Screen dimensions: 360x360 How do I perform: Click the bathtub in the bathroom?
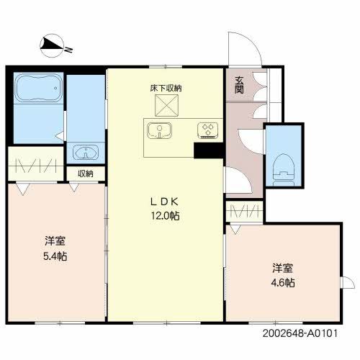(x=38, y=88)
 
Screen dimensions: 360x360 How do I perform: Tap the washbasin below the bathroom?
(x=86, y=151)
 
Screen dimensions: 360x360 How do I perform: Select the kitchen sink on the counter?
(x=160, y=131)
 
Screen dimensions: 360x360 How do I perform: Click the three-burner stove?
(x=208, y=130)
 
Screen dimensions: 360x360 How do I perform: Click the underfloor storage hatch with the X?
(x=166, y=105)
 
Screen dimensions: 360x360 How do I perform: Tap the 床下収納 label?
(x=166, y=89)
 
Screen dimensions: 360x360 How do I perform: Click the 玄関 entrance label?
(x=239, y=85)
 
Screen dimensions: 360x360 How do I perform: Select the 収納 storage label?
(x=86, y=174)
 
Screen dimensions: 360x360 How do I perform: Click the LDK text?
(x=165, y=202)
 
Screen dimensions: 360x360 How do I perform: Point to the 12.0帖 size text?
(x=165, y=216)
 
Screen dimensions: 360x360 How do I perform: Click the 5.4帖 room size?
(x=55, y=256)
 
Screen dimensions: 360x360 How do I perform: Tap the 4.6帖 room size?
(x=283, y=283)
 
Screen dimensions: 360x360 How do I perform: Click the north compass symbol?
(x=52, y=46)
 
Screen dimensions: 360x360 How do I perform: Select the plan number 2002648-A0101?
(x=300, y=333)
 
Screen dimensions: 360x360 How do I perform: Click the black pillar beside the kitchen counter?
(x=208, y=150)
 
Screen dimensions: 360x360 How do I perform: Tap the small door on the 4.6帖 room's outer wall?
(x=348, y=282)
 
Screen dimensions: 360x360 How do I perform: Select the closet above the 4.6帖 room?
(x=245, y=212)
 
